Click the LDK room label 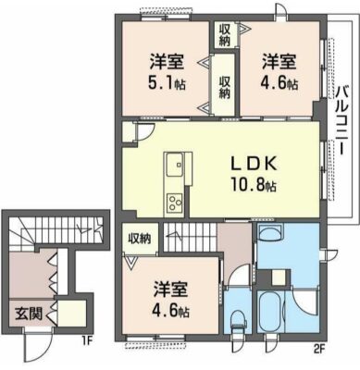tap(254, 165)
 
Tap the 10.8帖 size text tap(253, 185)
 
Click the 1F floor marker tap(87, 341)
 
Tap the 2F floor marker tap(319, 350)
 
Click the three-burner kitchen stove tap(175, 203)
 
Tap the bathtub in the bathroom tap(270, 312)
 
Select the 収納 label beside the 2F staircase tap(140, 239)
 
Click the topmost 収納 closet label tap(225, 35)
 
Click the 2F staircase tap(190, 237)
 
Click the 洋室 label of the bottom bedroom tap(170, 290)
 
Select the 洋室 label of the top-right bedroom tap(279, 62)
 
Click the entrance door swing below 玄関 tap(36, 346)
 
